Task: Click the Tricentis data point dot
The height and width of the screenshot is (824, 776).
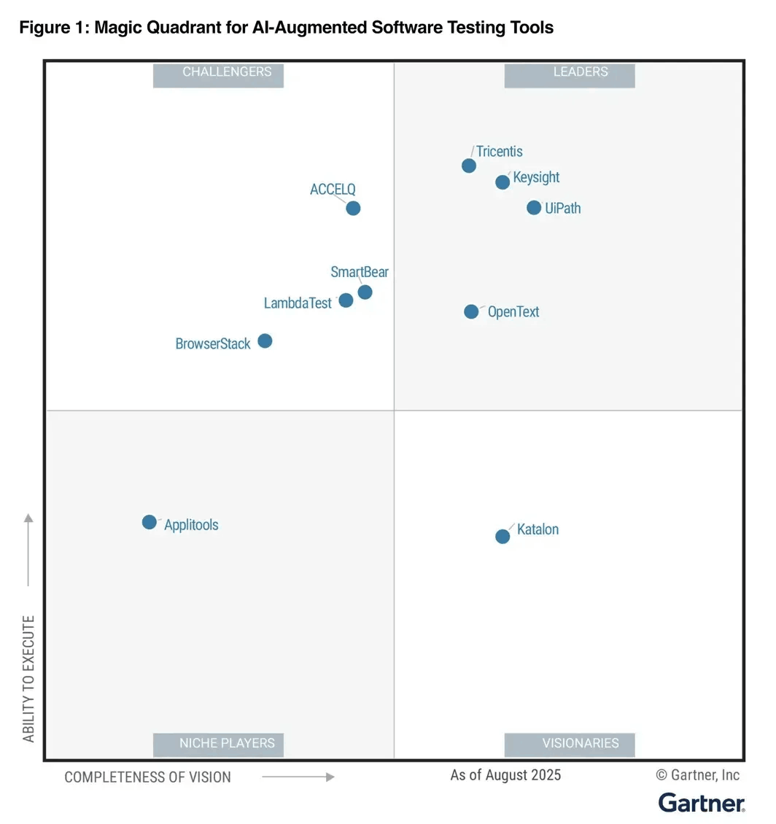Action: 469,166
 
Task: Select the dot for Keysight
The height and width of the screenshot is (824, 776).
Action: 503,182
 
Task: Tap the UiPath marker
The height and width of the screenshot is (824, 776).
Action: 534,208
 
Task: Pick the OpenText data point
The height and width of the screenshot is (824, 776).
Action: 472,312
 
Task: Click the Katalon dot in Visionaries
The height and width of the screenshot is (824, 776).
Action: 503,537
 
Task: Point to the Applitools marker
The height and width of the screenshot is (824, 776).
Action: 150,522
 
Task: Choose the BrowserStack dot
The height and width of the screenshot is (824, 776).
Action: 265,341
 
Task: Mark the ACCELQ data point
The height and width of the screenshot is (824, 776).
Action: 353,209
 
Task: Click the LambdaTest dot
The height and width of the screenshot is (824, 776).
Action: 346,300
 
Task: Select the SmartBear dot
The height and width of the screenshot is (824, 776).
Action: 365,292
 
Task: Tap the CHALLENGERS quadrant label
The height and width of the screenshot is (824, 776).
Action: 218,72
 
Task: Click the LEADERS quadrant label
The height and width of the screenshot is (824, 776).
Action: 570,72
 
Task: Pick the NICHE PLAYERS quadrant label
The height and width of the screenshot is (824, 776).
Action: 218,744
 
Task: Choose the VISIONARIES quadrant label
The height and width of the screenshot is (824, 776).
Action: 570,744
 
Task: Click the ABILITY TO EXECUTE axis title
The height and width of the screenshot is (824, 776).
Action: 28,678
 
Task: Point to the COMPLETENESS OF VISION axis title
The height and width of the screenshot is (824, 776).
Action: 148,777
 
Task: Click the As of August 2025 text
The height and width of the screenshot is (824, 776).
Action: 505,774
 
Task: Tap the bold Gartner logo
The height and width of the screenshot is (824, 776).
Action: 702,803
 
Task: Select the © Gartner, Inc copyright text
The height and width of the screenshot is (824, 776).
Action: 698,774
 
